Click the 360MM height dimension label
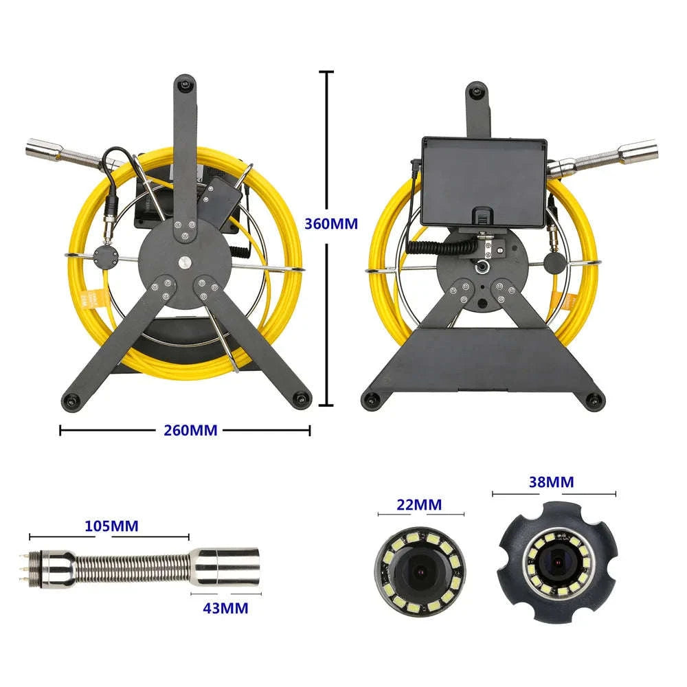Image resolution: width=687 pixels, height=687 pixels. (330, 223)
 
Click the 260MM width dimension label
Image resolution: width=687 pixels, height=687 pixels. (190, 431)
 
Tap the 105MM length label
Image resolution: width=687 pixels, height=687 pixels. (111, 526)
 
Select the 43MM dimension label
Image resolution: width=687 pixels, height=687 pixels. (225, 608)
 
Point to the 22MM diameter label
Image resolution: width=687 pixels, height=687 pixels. (420, 505)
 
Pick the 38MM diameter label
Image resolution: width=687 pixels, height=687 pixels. (552, 482)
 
